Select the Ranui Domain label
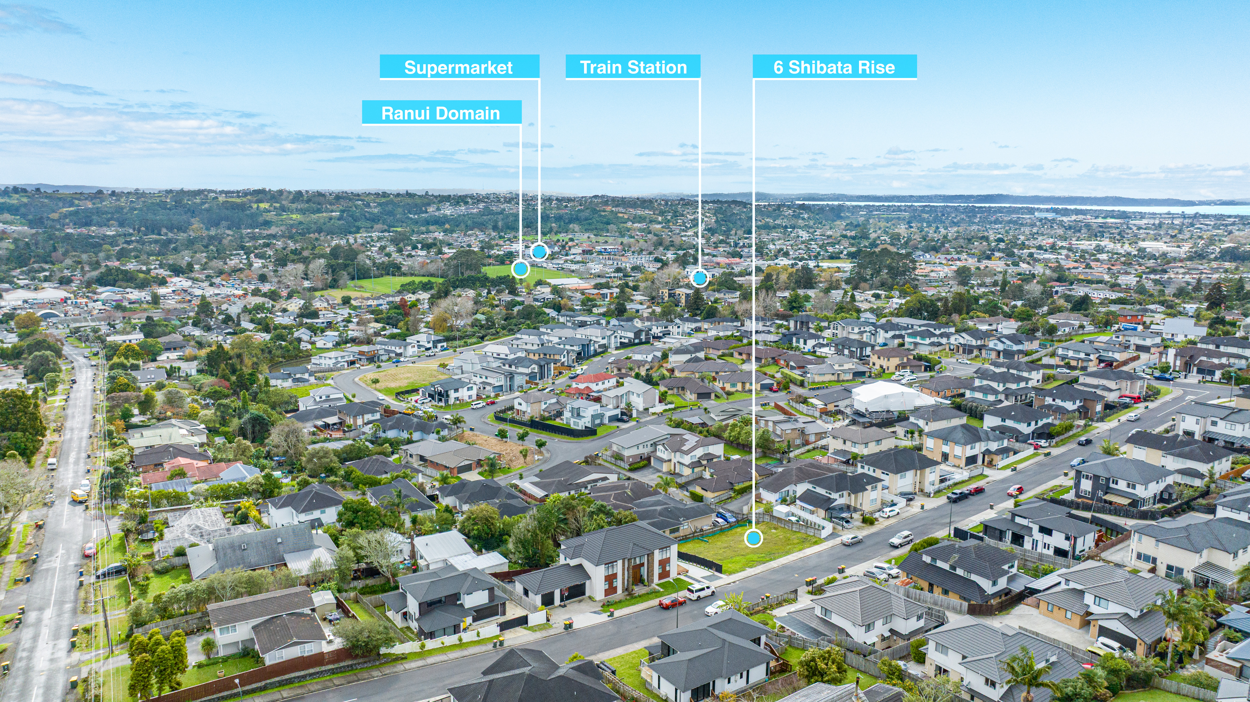pos(441,113)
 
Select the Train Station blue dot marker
pos(699,278)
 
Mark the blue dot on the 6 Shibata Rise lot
pos(753,538)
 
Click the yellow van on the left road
pos(79,495)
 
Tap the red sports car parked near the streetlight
pos(672,602)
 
